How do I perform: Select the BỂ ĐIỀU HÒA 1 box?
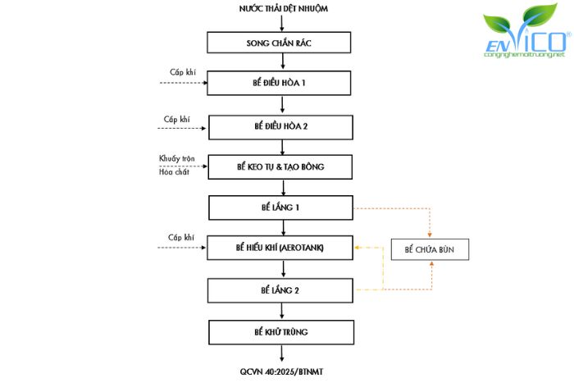click(x=280, y=84)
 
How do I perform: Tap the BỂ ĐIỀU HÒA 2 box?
click(x=280, y=127)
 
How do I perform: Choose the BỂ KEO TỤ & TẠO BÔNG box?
click(x=280, y=167)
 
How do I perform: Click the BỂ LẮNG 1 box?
click(x=280, y=207)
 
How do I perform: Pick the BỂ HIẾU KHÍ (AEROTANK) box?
click(x=280, y=247)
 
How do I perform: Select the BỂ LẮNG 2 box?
click(x=280, y=290)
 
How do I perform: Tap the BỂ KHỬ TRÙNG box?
click(x=280, y=332)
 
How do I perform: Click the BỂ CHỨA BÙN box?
click(x=430, y=248)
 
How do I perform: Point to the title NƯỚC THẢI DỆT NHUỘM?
click(x=280, y=8)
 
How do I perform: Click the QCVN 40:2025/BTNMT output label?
click(x=281, y=372)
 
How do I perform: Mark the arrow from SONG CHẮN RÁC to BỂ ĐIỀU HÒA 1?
click(x=281, y=62)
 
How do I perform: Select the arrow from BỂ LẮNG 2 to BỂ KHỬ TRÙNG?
click(x=281, y=311)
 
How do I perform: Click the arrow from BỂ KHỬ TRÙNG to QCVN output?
click(x=281, y=353)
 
